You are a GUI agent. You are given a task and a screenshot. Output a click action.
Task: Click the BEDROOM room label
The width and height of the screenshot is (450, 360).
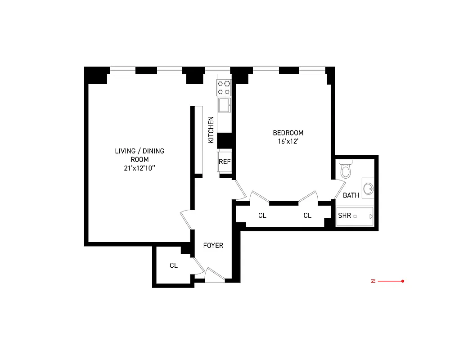click(x=288, y=133)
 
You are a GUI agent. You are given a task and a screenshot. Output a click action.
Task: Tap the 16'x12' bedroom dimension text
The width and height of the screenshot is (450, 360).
click(x=288, y=141)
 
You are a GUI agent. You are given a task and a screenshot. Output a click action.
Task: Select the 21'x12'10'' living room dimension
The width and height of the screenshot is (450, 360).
click(x=139, y=168)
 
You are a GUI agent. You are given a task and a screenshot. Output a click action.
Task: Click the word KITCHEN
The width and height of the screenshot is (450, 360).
click(x=211, y=130)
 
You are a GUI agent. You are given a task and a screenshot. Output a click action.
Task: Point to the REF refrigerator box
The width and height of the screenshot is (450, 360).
click(x=224, y=162)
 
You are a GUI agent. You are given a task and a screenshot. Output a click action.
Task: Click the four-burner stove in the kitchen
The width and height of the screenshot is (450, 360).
click(x=224, y=87)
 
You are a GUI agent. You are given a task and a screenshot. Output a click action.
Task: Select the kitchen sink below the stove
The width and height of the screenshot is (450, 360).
click(x=224, y=105)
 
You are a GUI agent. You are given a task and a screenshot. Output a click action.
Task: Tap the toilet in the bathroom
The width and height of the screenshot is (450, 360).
click(x=346, y=170)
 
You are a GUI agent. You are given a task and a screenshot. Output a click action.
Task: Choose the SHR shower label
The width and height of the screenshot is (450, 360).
click(x=344, y=216)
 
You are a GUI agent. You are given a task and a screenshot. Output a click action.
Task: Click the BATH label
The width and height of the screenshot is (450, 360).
click(x=351, y=195)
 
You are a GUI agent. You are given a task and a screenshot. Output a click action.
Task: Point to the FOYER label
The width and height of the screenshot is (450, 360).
click(x=213, y=246)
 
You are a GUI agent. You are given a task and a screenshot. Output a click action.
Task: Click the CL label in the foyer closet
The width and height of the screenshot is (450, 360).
click(x=174, y=265)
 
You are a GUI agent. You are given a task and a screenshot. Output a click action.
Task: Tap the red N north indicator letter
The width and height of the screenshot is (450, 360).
click(x=373, y=281)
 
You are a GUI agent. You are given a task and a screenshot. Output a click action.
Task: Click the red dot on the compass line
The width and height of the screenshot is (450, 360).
click(x=402, y=281)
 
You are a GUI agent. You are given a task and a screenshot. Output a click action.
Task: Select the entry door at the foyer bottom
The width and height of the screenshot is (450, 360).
click(x=214, y=276)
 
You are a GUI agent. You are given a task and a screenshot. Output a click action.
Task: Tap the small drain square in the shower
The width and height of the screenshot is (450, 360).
click(x=355, y=216)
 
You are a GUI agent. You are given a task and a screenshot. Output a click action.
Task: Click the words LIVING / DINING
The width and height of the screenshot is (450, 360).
click(x=139, y=151)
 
